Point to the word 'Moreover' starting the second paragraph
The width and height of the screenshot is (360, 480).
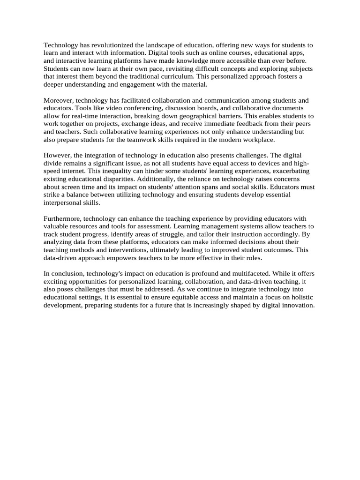pos(58,101)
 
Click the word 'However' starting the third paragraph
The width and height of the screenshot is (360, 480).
pos(57,156)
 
